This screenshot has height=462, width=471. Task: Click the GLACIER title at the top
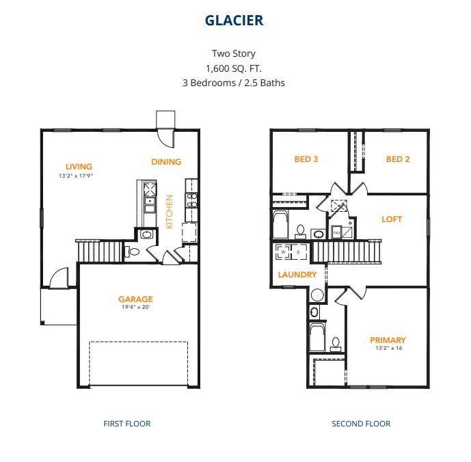(x=234, y=21)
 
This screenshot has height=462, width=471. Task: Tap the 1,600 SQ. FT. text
(x=234, y=68)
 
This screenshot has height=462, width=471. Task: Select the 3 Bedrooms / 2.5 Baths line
(x=234, y=83)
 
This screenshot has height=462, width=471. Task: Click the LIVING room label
(x=79, y=166)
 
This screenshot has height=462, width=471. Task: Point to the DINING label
(x=166, y=162)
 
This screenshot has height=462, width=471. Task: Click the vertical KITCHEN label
(x=170, y=211)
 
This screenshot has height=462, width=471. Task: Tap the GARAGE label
(x=135, y=299)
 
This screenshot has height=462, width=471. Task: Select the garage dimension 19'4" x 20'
(x=135, y=308)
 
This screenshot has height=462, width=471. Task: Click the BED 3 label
(x=306, y=159)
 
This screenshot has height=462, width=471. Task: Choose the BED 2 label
(x=398, y=159)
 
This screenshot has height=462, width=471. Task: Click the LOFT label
(x=392, y=219)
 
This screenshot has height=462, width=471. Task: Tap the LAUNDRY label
(x=297, y=275)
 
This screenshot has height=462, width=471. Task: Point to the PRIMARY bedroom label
(x=388, y=340)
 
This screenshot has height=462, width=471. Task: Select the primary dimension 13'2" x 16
(x=388, y=349)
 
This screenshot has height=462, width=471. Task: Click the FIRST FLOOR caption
(x=127, y=424)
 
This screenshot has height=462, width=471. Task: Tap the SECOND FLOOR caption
(x=361, y=424)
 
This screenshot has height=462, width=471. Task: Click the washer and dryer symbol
(x=291, y=252)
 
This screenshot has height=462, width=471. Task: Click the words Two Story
(x=234, y=53)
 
